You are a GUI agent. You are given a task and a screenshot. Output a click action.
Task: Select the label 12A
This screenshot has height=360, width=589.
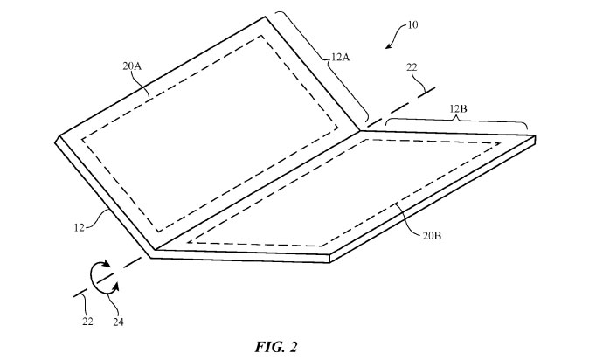point(341,57)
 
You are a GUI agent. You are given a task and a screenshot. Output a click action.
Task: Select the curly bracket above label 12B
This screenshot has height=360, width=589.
point(459,121)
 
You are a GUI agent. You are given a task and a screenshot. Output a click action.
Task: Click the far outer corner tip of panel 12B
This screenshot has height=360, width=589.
point(534,137)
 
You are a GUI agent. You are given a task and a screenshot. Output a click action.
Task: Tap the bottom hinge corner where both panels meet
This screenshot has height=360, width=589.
point(152,256)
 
